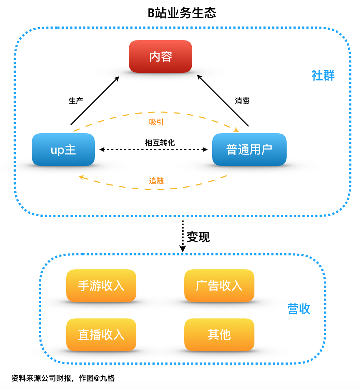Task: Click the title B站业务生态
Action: pyautogui.click(x=182, y=13)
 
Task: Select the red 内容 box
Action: pyautogui.click(x=160, y=57)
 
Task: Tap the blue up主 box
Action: pyautogui.click(x=63, y=149)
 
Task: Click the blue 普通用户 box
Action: pyautogui.click(x=249, y=149)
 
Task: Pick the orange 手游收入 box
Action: pyautogui.click(x=101, y=285)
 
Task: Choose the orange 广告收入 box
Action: pyautogui.click(x=219, y=285)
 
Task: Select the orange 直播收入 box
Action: pyautogui.click(x=101, y=335)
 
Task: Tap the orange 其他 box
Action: pyautogui.click(x=219, y=335)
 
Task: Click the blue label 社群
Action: pyautogui.click(x=323, y=76)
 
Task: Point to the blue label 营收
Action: pyautogui.click(x=299, y=309)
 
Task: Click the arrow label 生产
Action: pyautogui.click(x=76, y=101)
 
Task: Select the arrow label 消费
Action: pyautogui.click(x=242, y=101)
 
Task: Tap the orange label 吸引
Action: pyautogui.click(x=156, y=122)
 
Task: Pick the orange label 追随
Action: pyautogui.click(x=156, y=181)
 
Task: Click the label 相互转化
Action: pyautogui.click(x=160, y=143)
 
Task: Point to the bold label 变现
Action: pyautogui.click(x=198, y=237)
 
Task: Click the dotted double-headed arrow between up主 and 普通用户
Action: pyautogui.click(x=154, y=149)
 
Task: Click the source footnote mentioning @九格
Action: pyautogui.click(x=63, y=378)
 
